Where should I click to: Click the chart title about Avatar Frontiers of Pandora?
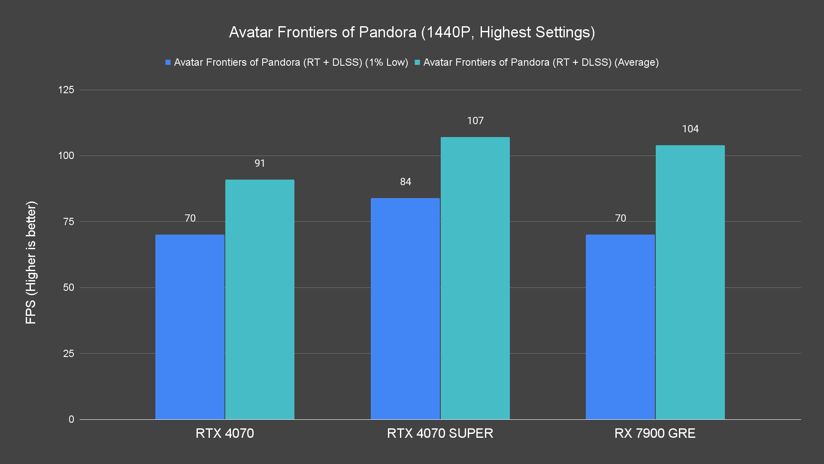(x=412, y=32)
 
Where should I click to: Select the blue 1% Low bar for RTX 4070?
(x=190, y=327)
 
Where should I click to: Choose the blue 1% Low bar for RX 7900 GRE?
(x=620, y=327)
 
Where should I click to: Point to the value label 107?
(x=475, y=121)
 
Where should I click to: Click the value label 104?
(x=690, y=129)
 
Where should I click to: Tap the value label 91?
(x=260, y=163)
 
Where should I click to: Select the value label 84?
(x=406, y=182)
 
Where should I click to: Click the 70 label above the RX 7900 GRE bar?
(x=620, y=218)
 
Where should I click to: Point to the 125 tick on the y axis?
(x=66, y=90)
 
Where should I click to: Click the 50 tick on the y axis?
(x=69, y=287)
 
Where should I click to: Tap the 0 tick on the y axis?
(x=71, y=419)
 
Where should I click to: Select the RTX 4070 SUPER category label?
(x=440, y=433)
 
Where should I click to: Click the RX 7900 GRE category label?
(x=655, y=433)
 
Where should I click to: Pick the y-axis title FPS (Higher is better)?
(x=31, y=262)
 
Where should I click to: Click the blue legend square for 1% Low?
(x=168, y=62)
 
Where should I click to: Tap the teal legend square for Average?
(x=417, y=62)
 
